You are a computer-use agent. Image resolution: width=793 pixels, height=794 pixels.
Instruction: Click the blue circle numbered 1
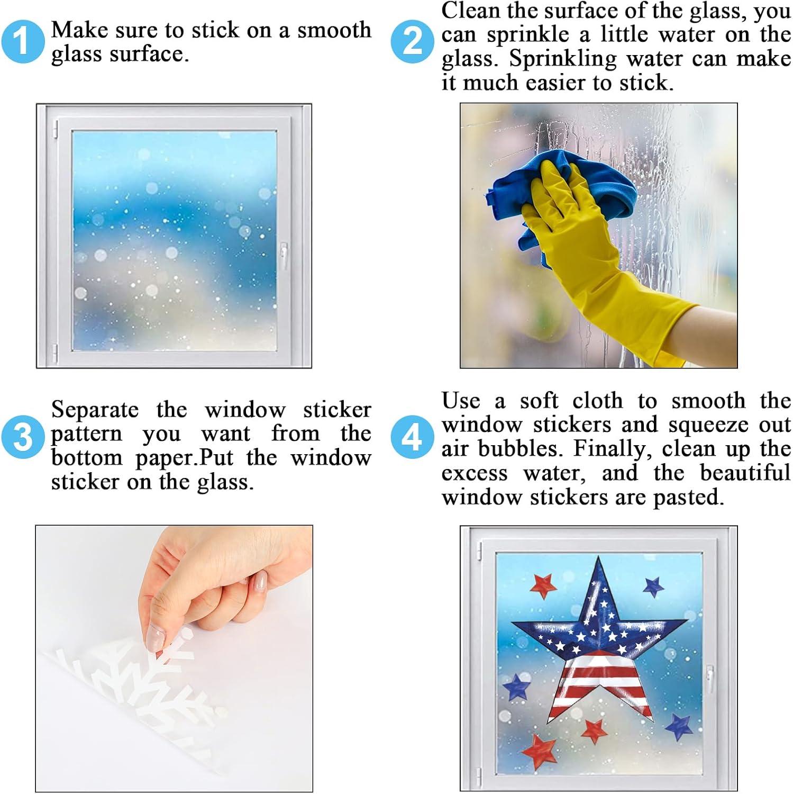[22, 41]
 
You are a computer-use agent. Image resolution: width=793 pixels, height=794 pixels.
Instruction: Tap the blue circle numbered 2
[412, 41]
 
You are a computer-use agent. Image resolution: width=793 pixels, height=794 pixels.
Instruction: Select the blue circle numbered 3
[22, 438]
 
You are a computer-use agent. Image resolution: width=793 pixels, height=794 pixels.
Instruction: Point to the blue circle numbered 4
[412, 438]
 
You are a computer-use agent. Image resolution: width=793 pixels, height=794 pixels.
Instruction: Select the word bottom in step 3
[87, 457]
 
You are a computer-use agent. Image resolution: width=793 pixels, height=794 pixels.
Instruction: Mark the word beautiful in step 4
[745, 473]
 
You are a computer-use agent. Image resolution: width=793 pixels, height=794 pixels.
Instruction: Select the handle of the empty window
[284, 256]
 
